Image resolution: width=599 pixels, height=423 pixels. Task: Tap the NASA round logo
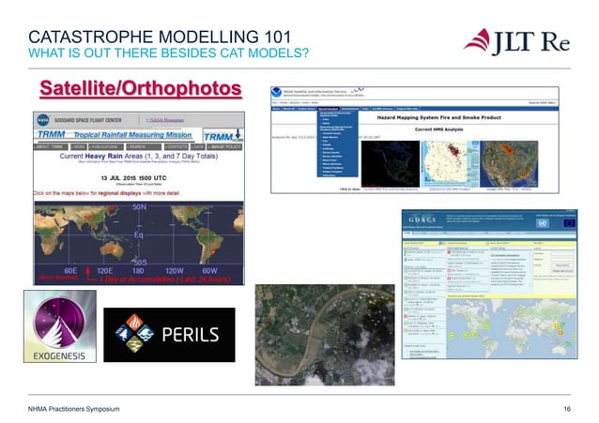tap(44, 121)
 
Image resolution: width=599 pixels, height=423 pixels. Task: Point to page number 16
tap(566, 410)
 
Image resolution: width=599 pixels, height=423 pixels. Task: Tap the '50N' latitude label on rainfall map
tap(139, 205)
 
